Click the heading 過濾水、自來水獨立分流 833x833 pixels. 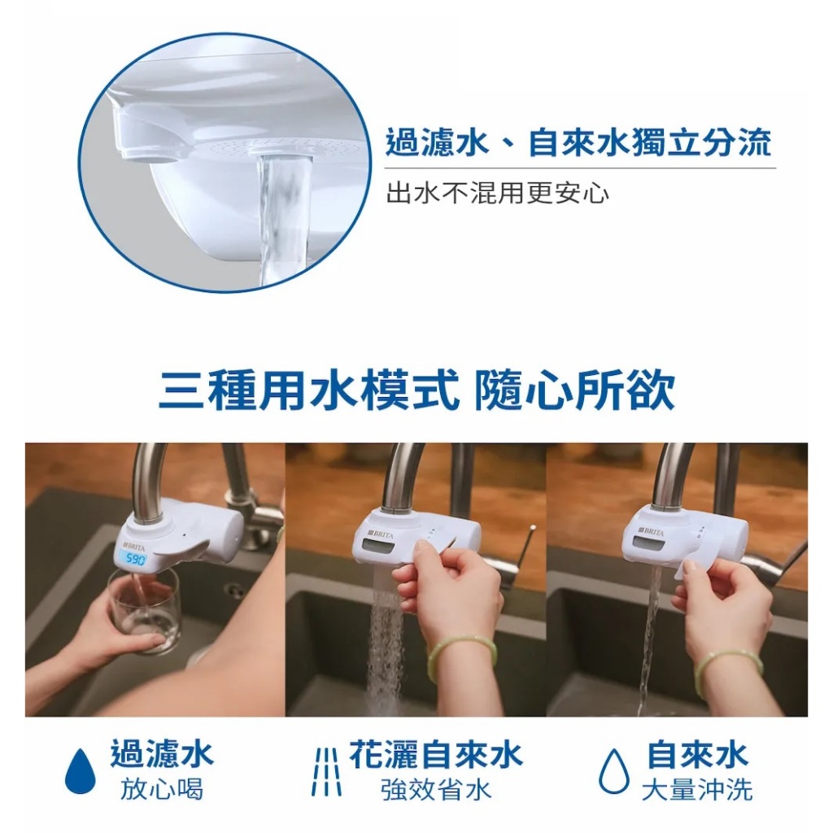pos(578,142)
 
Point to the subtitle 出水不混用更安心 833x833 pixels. pos(498,192)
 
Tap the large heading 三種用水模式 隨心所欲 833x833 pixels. pos(417,391)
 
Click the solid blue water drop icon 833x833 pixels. pos(81,770)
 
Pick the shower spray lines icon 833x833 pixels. pos(326,772)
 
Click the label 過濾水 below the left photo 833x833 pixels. pos(162,754)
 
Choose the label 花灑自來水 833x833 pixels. pos(436,754)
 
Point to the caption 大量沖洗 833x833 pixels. pos(697,790)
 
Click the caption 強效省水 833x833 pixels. pos(436,790)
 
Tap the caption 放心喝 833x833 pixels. pos(162,790)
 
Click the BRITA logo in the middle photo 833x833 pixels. pos(381,534)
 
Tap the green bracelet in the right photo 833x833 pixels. pos(728,674)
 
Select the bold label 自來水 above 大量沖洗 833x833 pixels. pos(697,754)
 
